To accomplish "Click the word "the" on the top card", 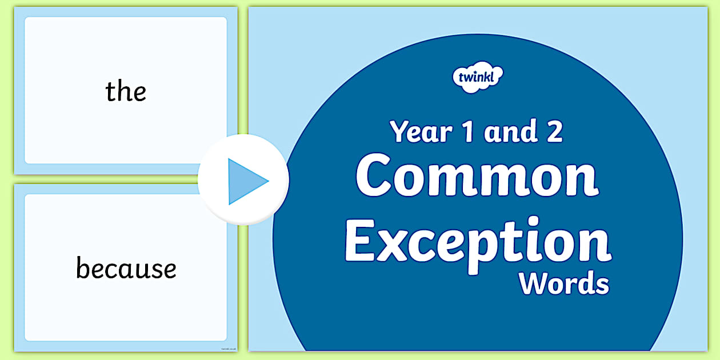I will coord(126,91).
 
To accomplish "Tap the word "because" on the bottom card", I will coord(126,269).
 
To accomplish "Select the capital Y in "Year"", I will coord(399,131).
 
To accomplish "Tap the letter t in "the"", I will coord(110,91).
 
